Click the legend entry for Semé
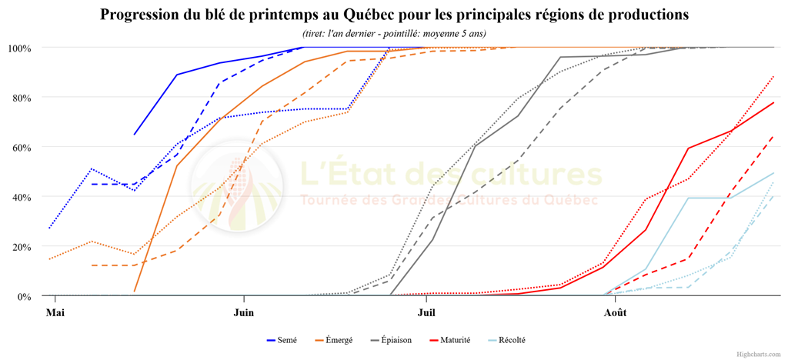(x=282, y=341)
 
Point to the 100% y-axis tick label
(x=20, y=48)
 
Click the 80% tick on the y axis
(x=22, y=98)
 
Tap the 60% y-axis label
(x=22, y=148)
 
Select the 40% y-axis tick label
(x=22, y=197)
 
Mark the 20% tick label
(x=22, y=247)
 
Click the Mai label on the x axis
(x=55, y=312)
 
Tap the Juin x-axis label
(x=244, y=312)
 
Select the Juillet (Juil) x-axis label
(x=426, y=312)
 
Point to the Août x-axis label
(x=615, y=312)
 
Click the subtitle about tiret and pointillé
(x=394, y=34)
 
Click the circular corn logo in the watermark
(x=237, y=186)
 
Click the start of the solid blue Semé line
(x=134, y=135)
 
